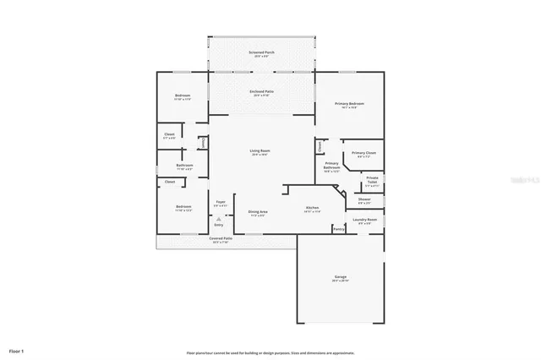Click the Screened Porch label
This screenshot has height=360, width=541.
[261, 52]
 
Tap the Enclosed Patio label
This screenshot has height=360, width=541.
[261, 90]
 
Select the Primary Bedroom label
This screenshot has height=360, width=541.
[352, 103]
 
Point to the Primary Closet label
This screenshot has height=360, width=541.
[364, 153]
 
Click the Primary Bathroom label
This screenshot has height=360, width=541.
[331, 164]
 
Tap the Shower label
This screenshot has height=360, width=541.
[364, 200]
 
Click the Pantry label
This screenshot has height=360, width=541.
[338, 228]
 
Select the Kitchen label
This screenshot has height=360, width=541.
[311, 208]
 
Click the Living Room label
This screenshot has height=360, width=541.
[259, 151]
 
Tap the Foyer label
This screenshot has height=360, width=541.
[220, 203]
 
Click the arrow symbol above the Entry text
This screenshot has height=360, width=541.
[219, 219]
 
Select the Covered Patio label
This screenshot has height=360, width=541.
[221, 239]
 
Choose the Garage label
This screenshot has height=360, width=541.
[341, 277]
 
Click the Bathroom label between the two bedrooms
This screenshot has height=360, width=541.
[184, 165]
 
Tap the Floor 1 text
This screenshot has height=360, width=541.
[17, 350]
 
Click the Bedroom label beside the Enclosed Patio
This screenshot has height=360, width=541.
[183, 95]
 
